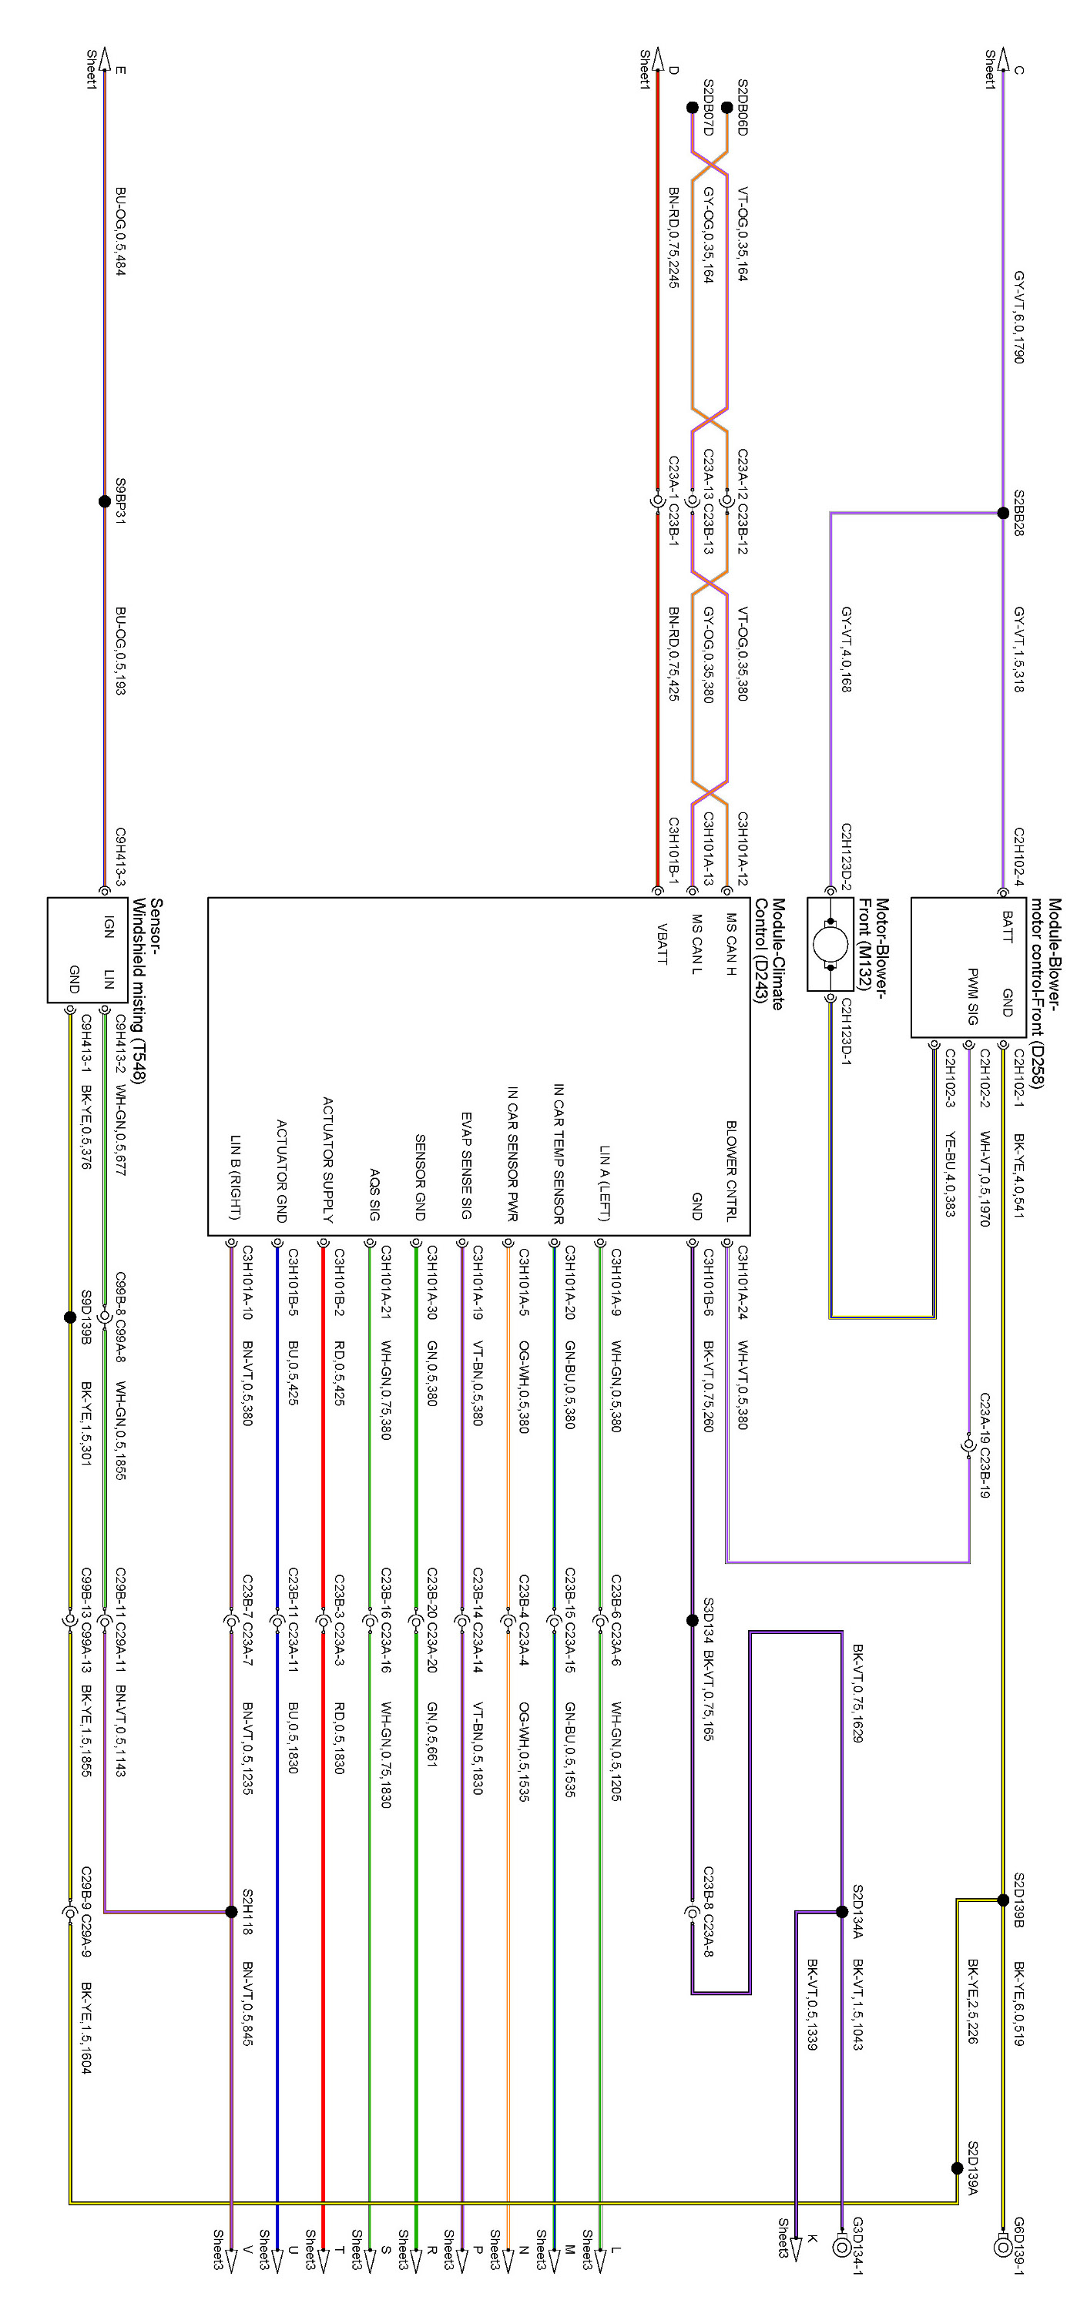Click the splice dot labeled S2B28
click(x=1003, y=513)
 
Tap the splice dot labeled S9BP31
click(x=105, y=501)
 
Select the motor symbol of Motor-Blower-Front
click(x=830, y=943)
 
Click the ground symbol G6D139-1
click(x=1003, y=2247)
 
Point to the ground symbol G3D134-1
click(x=841, y=2247)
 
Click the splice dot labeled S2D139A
click(x=957, y=2168)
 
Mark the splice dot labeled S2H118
click(x=231, y=1912)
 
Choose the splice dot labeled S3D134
click(x=692, y=1620)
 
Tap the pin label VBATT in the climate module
click(x=662, y=943)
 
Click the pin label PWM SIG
click(x=972, y=996)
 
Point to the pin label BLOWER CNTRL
click(x=731, y=1170)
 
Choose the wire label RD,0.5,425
click(x=339, y=1373)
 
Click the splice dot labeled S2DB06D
click(x=726, y=108)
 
